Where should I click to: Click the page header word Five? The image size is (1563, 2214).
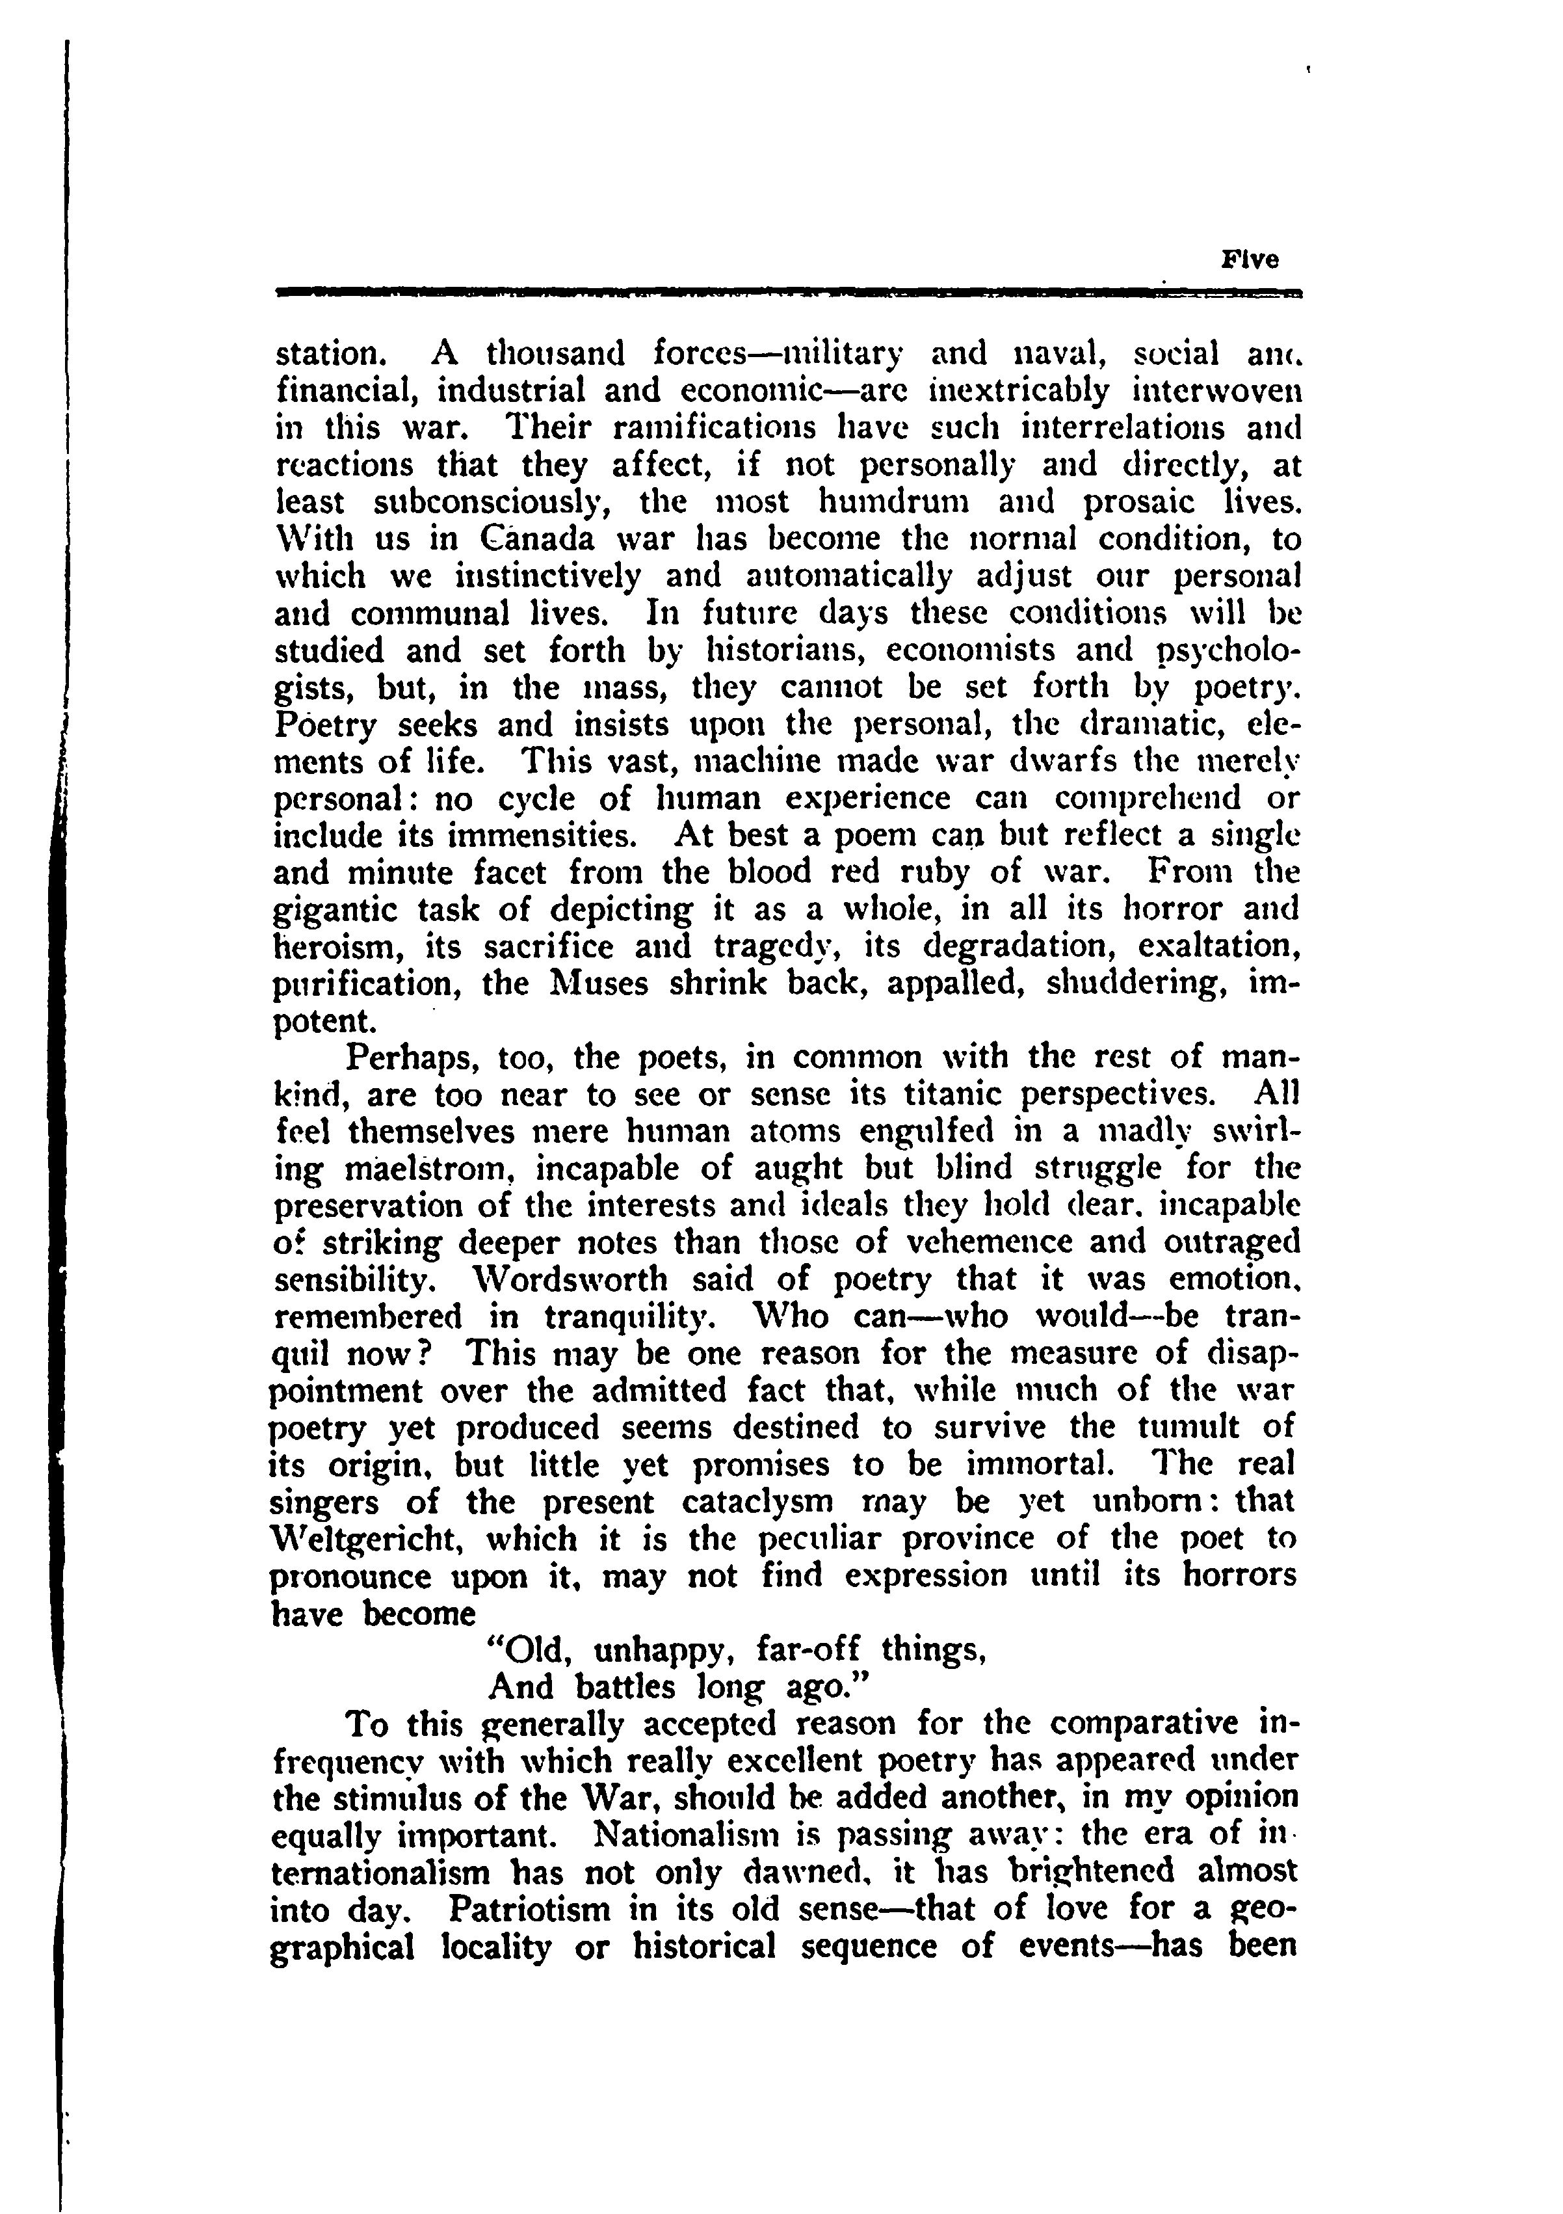click(1250, 260)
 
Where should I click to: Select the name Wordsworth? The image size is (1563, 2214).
click(571, 1279)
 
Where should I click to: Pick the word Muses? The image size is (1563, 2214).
click(586, 985)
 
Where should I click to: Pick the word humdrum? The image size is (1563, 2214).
click(886, 501)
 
